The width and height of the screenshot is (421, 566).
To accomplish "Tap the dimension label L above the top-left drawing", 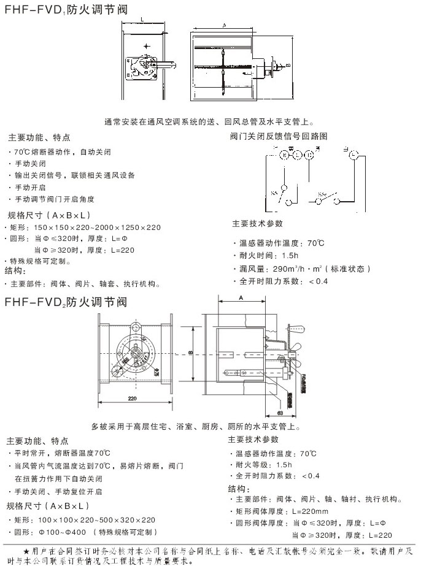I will click(142, 21).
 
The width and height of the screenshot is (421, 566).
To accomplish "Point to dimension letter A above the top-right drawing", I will click(226, 26).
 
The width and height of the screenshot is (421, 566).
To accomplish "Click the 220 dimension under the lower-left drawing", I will click(133, 399).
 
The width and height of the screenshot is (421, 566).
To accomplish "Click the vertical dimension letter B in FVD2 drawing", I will click(190, 353).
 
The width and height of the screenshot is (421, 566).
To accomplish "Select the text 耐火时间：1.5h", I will click(265, 256).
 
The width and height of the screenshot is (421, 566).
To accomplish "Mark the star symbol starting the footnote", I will click(26, 550).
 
